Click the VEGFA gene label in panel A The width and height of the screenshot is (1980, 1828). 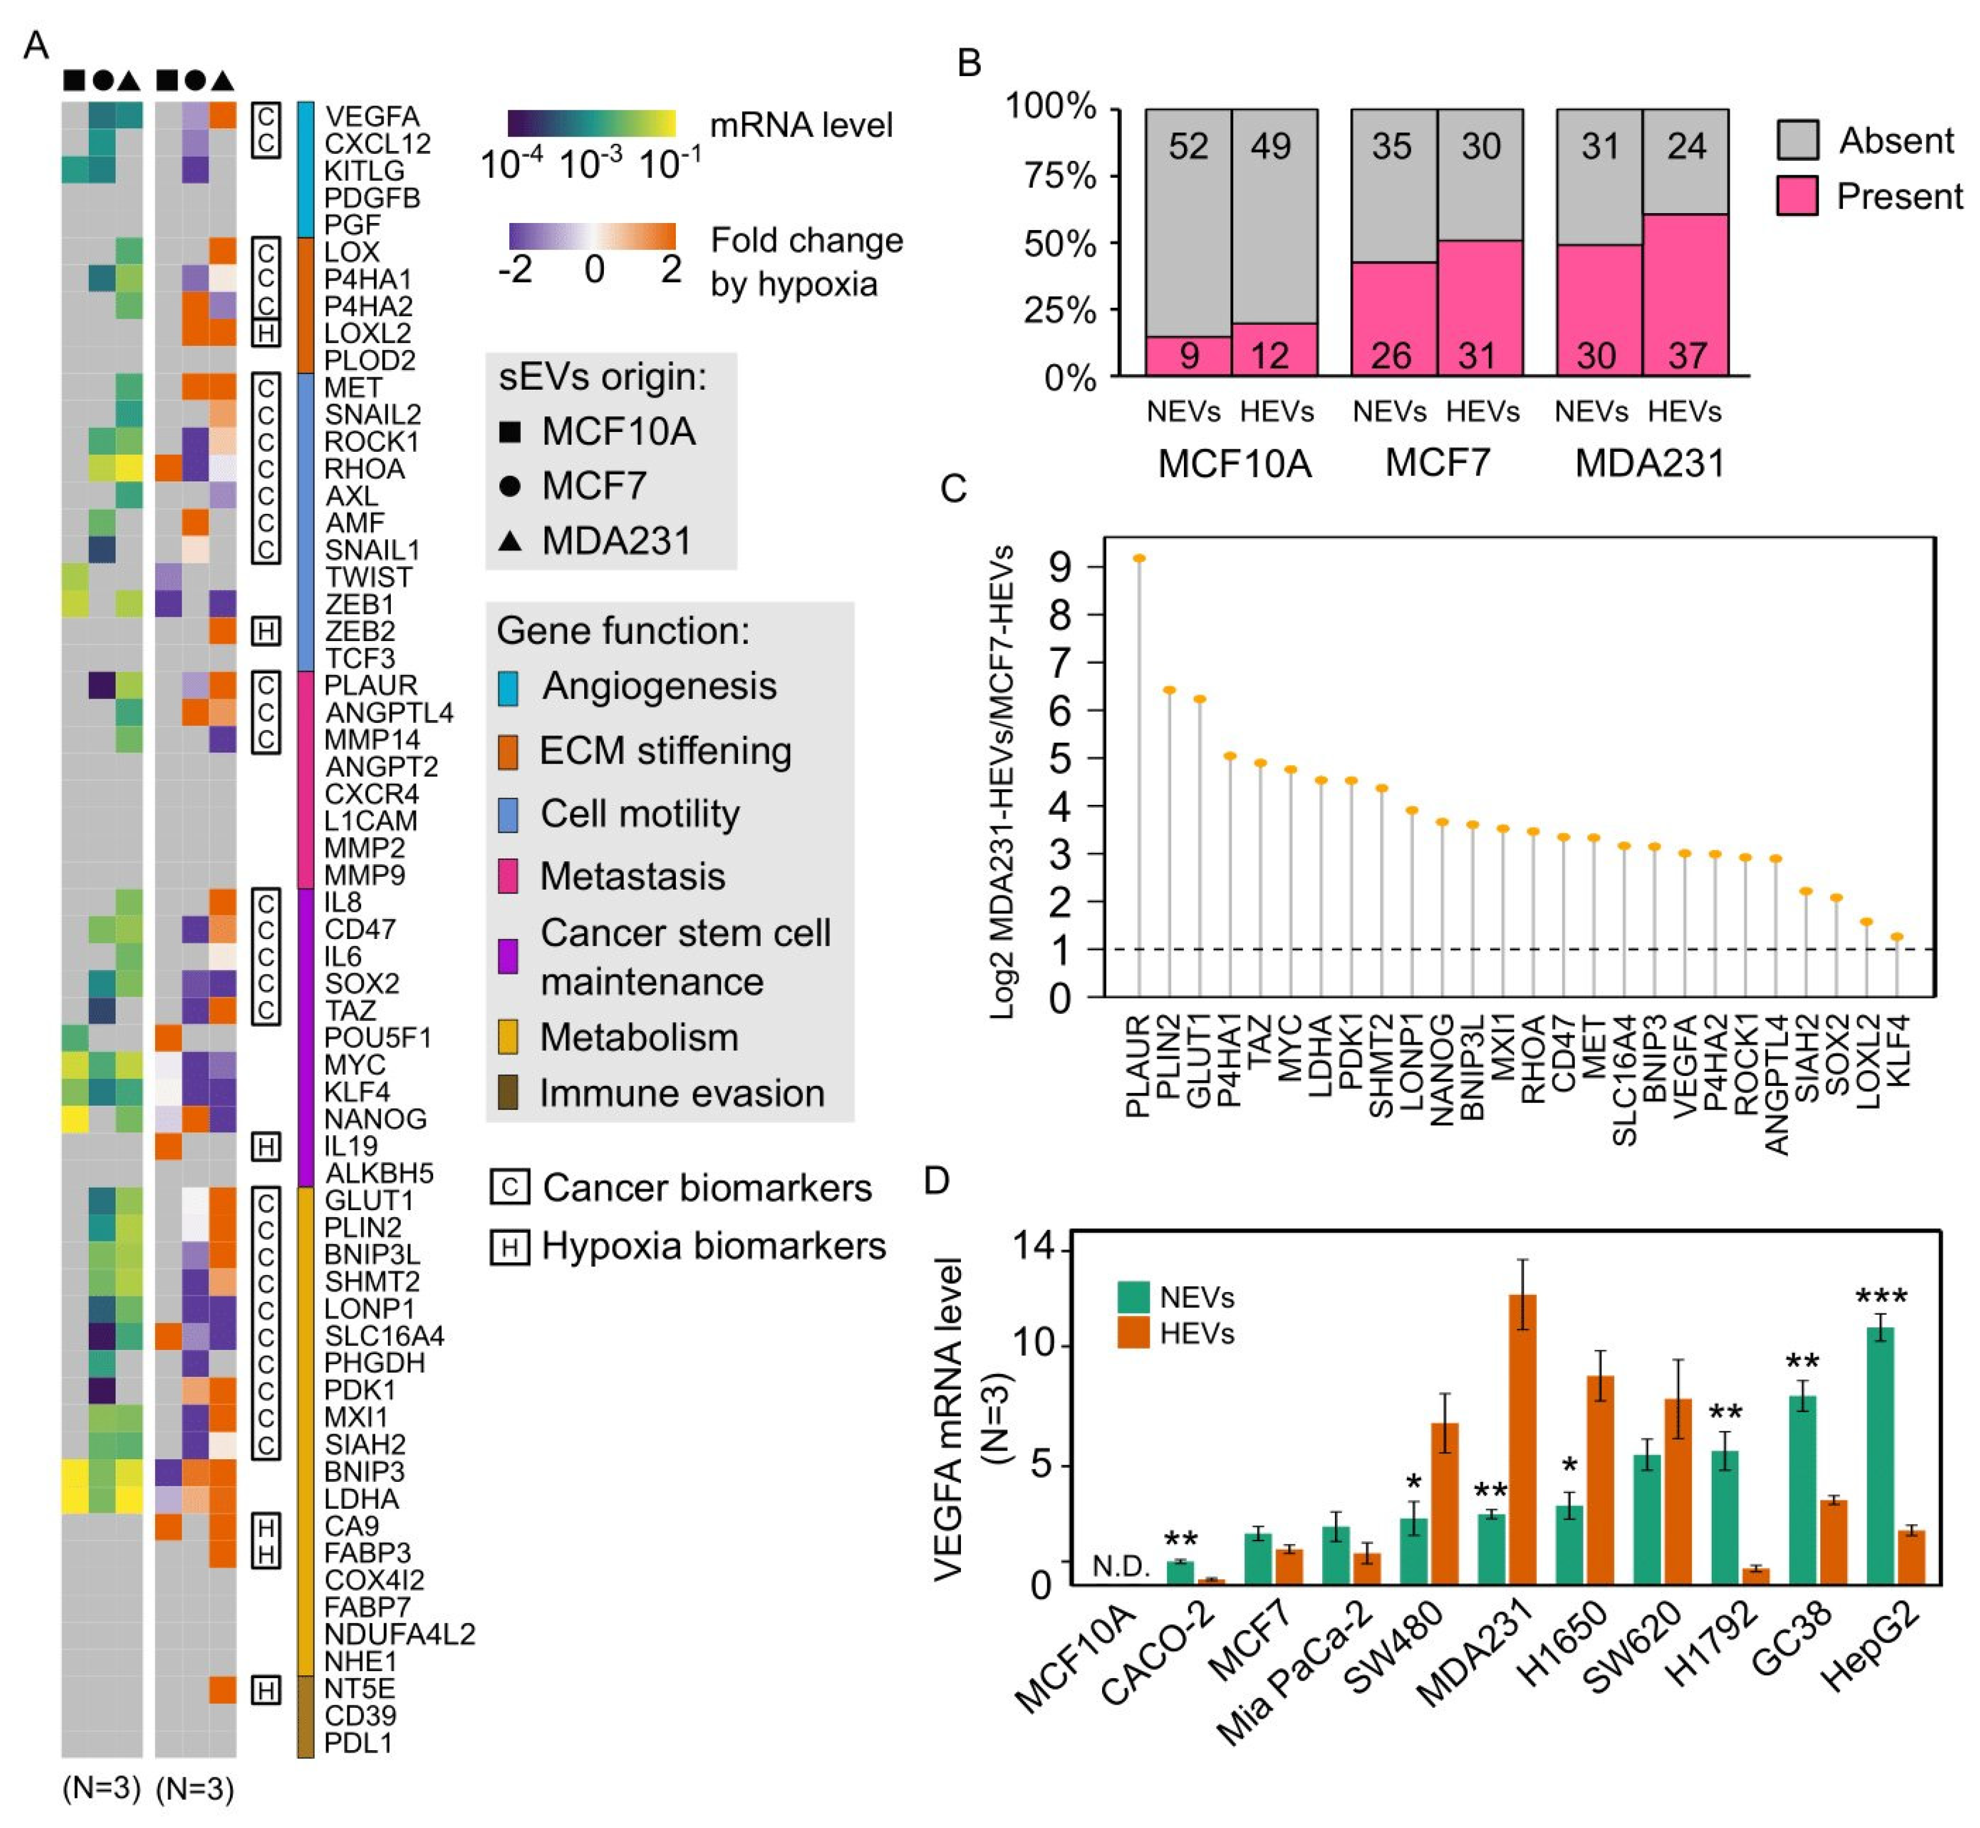371,117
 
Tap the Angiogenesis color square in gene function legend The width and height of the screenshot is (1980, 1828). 507,686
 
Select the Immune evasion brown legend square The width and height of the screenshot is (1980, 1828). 507,1093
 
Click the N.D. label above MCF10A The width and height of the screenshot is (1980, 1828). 1121,1566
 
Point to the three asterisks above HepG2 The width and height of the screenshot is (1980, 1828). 1881,1297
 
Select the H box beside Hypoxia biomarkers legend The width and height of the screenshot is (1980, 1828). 509,1246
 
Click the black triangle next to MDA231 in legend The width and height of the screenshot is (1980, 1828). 509,541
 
